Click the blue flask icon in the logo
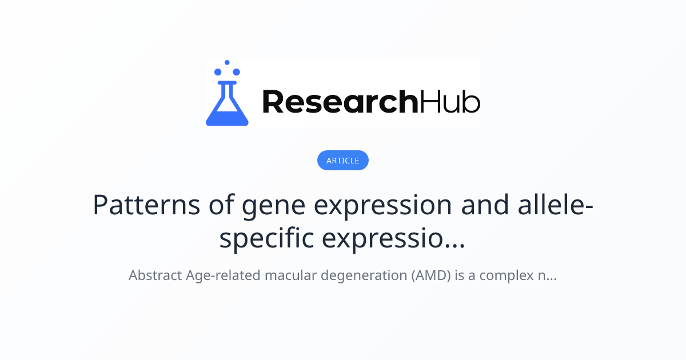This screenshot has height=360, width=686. pyautogui.click(x=227, y=106)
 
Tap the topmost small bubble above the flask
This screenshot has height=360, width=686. pyautogui.click(x=227, y=62)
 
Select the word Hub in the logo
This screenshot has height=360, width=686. pyautogui.click(x=450, y=102)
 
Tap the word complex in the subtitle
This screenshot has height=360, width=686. pyautogui.click(x=505, y=275)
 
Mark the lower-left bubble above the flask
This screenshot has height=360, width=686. pyautogui.click(x=218, y=72)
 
